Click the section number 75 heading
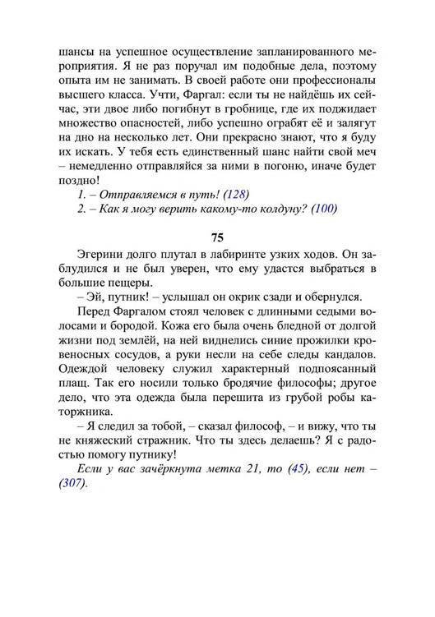217,237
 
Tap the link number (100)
325,208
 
